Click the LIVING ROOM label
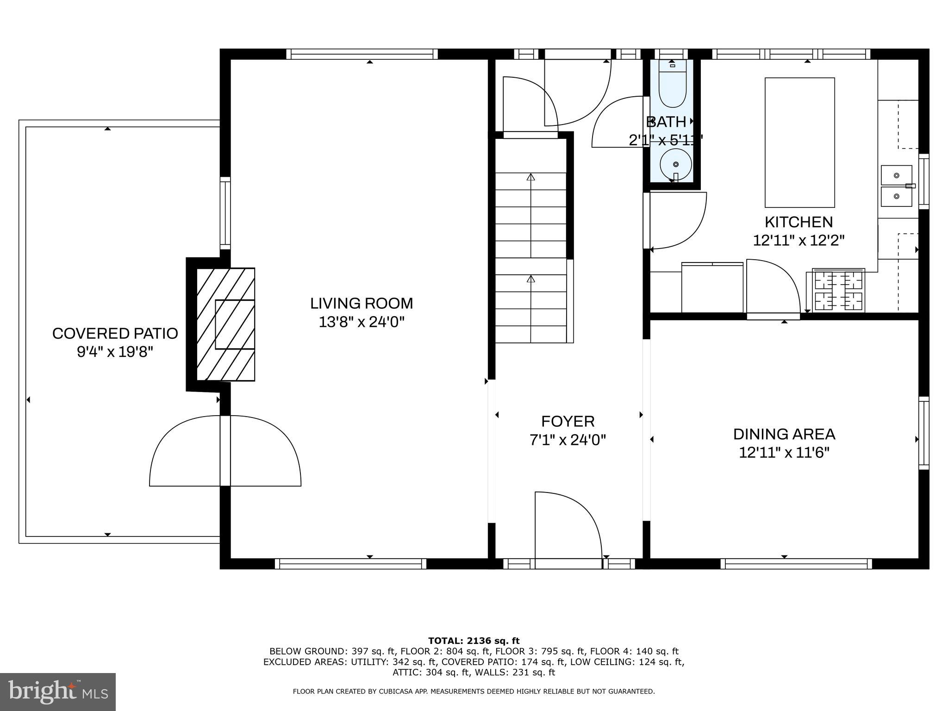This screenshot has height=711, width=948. tap(361, 303)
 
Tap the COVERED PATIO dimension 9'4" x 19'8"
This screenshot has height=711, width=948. tap(115, 352)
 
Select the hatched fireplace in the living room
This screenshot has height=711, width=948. tap(226, 324)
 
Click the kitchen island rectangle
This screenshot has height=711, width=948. tap(799, 142)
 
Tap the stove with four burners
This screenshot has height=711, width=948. tap(839, 290)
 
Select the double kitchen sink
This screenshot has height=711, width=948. tap(896, 186)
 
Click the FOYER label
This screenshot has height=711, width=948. tap(568, 421)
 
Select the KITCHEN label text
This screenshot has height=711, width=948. tap(798, 222)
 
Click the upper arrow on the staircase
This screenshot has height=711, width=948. tap(531, 177)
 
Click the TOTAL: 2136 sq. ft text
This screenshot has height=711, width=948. tap(474, 641)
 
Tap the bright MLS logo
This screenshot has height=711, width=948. tap(58, 692)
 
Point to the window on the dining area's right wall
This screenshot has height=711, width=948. tap(923, 433)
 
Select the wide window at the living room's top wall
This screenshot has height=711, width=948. tap(362, 54)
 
